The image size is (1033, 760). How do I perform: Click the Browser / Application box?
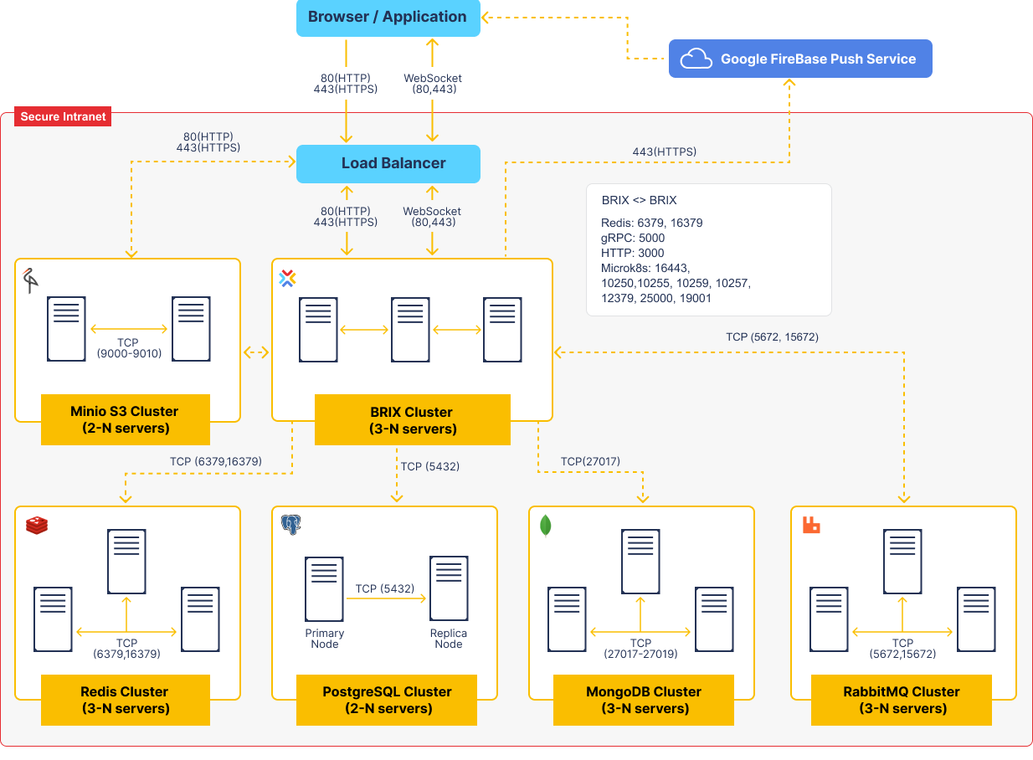click(x=388, y=18)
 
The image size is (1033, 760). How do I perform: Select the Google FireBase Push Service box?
click(x=800, y=59)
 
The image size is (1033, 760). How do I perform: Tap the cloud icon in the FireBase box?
click(x=696, y=59)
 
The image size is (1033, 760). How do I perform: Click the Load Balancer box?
click(x=388, y=163)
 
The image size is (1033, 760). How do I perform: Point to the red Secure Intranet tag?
click(x=64, y=116)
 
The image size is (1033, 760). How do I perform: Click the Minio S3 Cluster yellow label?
click(x=125, y=420)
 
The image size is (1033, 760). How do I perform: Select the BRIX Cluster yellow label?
click(x=412, y=420)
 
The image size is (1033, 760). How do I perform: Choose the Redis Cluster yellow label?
click(x=125, y=700)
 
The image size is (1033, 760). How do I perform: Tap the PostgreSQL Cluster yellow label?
click(x=387, y=700)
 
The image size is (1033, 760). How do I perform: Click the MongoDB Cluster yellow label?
click(x=644, y=700)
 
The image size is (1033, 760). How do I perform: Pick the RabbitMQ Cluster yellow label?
click(x=901, y=700)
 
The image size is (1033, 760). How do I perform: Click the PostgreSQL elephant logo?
click(x=290, y=525)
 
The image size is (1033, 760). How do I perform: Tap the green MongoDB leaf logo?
click(x=546, y=525)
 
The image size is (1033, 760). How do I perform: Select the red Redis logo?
click(x=37, y=525)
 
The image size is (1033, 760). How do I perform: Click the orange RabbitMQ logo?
click(x=810, y=525)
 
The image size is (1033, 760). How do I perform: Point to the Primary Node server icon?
click(x=325, y=589)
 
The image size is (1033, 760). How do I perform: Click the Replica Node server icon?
click(x=449, y=589)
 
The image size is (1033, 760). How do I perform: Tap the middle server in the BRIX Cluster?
click(x=410, y=329)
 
